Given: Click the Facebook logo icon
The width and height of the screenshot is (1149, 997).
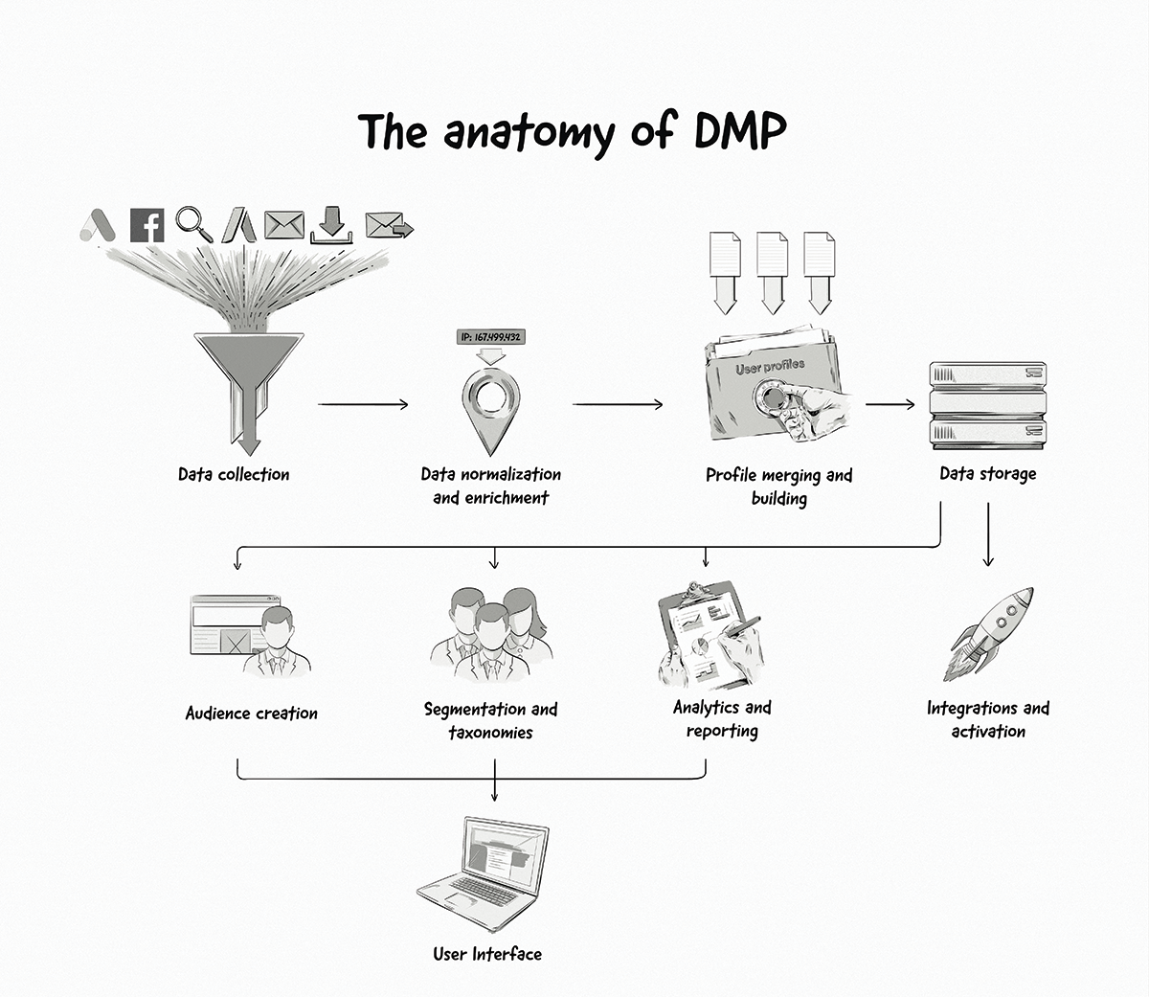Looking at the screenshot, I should click(x=146, y=225).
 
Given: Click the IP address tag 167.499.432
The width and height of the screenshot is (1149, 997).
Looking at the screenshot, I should click(x=490, y=337).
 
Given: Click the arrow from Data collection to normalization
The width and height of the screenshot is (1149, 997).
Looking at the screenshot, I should click(x=363, y=404).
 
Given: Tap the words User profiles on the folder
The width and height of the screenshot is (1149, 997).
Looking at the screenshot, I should click(x=770, y=367).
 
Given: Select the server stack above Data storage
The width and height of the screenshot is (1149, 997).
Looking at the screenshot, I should click(x=988, y=403).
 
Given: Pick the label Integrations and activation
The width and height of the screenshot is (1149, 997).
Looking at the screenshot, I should click(x=988, y=719).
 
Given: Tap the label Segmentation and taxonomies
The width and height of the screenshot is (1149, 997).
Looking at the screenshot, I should click(x=490, y=720).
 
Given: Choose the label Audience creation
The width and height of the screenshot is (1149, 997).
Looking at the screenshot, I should click(x=252, y=714).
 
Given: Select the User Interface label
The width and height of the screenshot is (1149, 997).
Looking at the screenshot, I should click(x=487, y=954).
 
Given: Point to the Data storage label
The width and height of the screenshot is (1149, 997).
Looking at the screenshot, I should click(x=988, y=473).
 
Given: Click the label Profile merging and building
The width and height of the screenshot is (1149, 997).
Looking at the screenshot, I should click(x=778, y=486).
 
